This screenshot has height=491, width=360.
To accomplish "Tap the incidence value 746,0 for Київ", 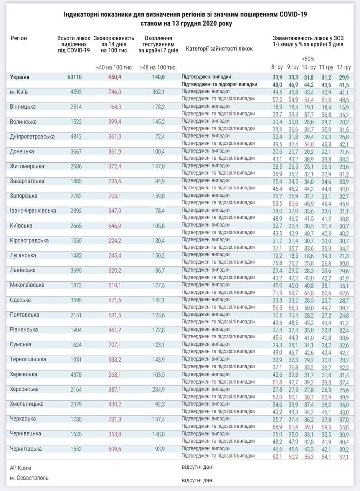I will (114, 92).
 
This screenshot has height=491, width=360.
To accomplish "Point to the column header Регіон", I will (19, 38).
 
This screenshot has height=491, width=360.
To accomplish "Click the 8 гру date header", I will (277, 68).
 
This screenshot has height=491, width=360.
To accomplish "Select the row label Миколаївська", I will (28, 285).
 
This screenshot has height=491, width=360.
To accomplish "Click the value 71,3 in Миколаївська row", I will (277, 293).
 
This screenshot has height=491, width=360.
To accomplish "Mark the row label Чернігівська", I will (26, 448).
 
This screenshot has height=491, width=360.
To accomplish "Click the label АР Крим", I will (21, 468).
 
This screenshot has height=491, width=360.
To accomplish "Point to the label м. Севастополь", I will (30, 478).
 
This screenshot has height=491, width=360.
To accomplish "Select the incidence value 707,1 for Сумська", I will (114, 344).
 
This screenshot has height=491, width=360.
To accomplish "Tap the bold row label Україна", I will (20, 77).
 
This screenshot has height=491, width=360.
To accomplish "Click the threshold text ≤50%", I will (308, 59).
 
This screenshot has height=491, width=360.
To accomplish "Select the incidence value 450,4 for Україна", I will (114, 77).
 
